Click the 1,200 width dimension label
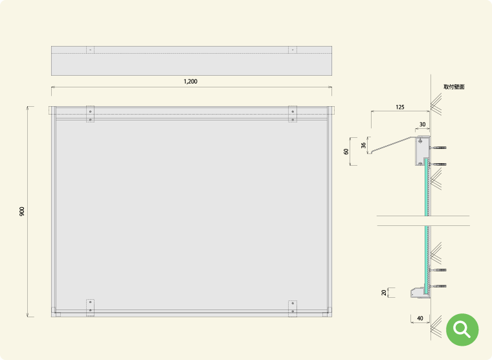coord(190,82)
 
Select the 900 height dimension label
coord(22,211)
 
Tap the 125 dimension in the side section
coord(400,107)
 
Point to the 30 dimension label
coord(422,124)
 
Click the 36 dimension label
coord(363,145)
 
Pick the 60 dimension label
coord(346,152)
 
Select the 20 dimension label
coord(384,293)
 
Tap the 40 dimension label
coord(420,319)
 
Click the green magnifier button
coord(462,330)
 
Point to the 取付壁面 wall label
coord(454,87)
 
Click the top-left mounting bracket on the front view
coord(91,114)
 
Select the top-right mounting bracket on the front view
coord(293,114)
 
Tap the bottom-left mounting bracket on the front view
coord(91,308)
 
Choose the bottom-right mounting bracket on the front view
coord(293,309)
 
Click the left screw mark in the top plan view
coord(91,50)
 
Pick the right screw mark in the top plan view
coord(293,50)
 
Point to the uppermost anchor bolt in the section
coord(438,148)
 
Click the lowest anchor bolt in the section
coord(438,286)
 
